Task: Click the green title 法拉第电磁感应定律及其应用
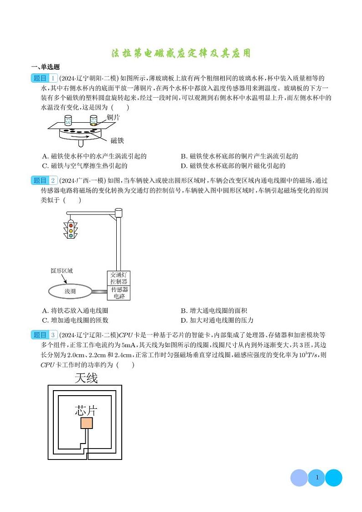(181, 53)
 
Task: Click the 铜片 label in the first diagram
(114, 117)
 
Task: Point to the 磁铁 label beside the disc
(117, 141)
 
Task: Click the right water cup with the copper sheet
(93, 121)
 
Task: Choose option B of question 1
(239, 156)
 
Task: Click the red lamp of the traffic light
(71, 225)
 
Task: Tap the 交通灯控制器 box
(119, 278)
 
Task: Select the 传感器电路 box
(119, 293)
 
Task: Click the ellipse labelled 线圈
(70, 291)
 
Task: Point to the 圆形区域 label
(62, 271)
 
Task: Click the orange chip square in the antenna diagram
(87, 423)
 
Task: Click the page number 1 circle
(316, 478)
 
